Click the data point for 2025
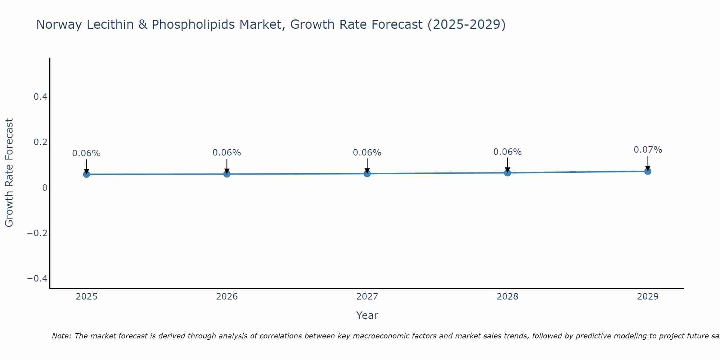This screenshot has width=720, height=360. click(86, 174)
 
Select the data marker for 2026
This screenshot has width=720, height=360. click(227, 174)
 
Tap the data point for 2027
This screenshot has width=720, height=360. click(367, 174)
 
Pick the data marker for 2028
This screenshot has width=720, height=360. click(507, 173)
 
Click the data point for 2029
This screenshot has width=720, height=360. click(648, 171)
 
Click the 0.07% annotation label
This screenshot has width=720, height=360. click(648, 150)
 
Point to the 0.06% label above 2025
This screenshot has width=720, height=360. click(86, 153)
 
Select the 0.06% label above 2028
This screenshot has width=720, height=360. click(507, 152)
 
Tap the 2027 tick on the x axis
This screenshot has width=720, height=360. click(367, 297)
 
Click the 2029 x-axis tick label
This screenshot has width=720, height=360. click(648, 297)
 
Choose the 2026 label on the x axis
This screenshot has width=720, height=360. click(227, 297)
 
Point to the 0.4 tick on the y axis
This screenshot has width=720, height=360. click(40, 96)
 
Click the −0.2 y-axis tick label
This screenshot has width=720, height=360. click(37, 233)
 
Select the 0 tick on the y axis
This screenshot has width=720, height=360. click(45, 188)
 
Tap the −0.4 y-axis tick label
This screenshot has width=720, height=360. click(37, 279)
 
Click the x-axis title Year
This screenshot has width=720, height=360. click(367, 315)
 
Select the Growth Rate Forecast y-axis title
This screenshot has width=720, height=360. click(9, 172)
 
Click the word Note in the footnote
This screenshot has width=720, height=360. click(61, 336)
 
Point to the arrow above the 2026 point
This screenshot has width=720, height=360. click(227, 166)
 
